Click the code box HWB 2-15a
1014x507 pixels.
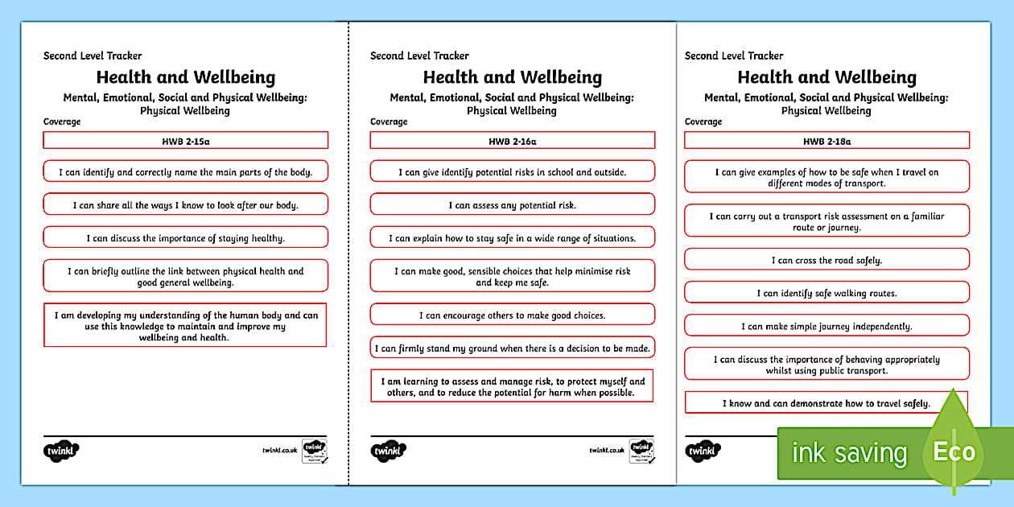tap(185, 141)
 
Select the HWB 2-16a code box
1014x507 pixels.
tap(512, 141)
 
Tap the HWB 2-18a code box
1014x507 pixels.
tap(826, 141)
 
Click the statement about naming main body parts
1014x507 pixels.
tap(185, 171)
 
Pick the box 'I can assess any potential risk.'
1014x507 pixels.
tap(512, 205)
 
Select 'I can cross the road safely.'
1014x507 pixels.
tap(826, 260)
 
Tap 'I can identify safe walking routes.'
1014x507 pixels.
tap(826, 293)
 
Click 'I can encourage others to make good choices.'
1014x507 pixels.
tap(512, 315)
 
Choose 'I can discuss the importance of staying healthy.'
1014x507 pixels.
tap(185, 237)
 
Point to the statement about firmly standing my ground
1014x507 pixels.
tap(512, 348)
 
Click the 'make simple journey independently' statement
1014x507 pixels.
tap(826, 326)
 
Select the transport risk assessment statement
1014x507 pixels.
tap(826, 221)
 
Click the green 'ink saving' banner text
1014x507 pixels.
tap(849, 453)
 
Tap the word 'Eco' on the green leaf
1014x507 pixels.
tap(954, 451)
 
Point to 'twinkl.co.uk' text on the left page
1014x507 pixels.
tap(279, 451)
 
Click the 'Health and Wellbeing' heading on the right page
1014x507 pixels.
tap(826, 77)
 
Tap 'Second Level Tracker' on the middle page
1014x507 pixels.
tap(419, 56)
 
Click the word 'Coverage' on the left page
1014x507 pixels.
tap(62, 122)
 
